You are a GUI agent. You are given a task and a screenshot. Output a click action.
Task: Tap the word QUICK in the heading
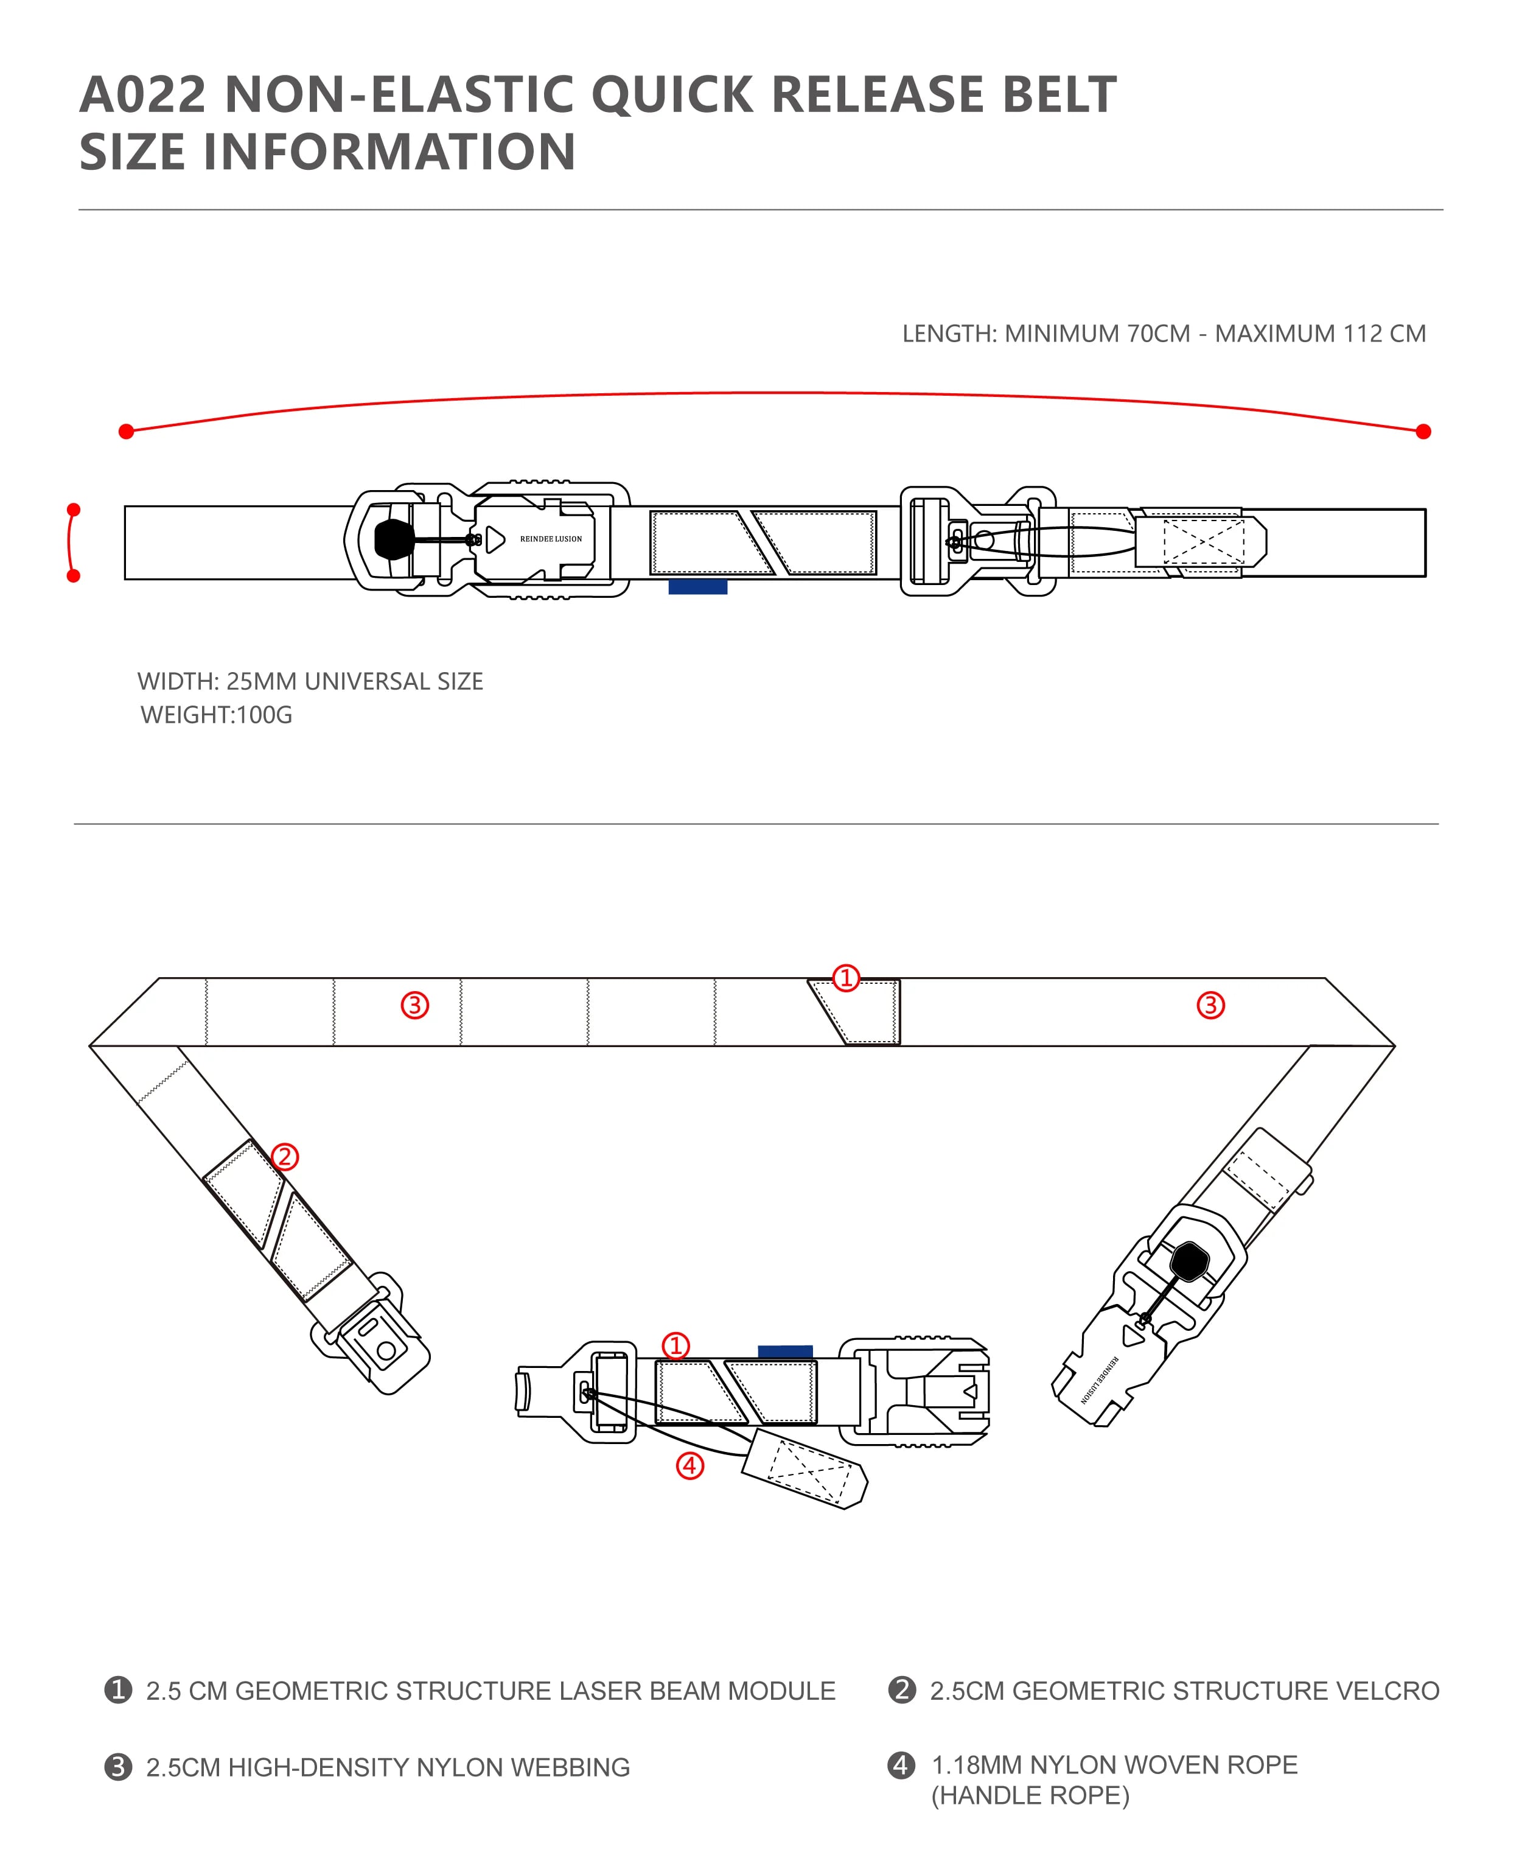pos(672,95)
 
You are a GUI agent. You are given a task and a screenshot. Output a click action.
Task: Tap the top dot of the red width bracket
pos(74,510)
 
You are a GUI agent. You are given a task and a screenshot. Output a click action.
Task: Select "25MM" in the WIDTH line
pos(262,681)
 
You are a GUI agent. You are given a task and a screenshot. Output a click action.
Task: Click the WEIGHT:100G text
pos(217,715)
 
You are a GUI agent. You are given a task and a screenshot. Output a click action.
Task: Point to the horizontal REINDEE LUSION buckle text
pos(551,539)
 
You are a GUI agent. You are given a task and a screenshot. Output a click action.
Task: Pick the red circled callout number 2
pos(284,1157)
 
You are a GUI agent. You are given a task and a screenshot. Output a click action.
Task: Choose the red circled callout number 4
pos(690,1465)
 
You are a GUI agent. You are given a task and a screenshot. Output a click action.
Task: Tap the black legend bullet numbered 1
pos(118,1690)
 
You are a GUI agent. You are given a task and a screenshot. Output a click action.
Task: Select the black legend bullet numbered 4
pos(901,1765)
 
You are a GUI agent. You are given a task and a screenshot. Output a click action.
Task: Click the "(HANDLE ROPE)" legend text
pos(1030,1795)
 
